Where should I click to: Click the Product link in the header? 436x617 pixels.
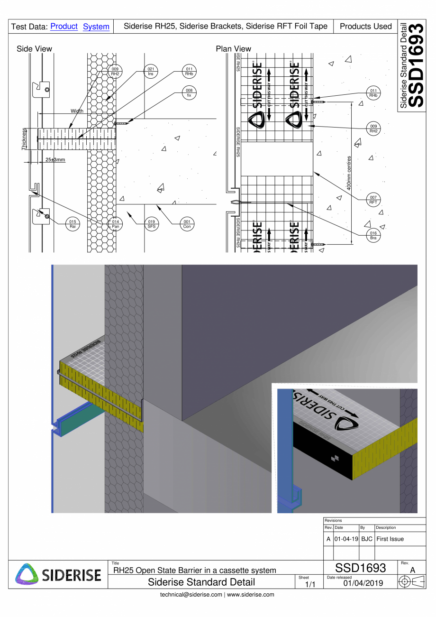click(x=64, y=27)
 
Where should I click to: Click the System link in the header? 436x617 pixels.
click(x=96, y=27)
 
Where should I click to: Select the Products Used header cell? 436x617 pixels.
click(x=365, y=27)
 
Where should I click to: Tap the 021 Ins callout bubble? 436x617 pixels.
click(x=151, y=72)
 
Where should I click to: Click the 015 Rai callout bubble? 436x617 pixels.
click(x=72, y=224)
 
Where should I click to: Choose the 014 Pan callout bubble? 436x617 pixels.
click(x=115, y=224)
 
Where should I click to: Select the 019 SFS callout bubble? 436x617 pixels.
click(x=151, y=224)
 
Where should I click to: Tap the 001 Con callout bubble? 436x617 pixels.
click(x=187, y=224)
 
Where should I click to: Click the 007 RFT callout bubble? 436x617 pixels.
click(x=373, y=200)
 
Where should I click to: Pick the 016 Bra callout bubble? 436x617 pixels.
click(x=373, y=236)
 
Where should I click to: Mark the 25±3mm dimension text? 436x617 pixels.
click(x=55, y=160)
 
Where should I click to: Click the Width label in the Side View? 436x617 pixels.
click(x=77, y=111)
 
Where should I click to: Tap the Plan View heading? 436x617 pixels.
click(x=233, y=49)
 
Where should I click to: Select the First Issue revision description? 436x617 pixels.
click(x=390, y=539)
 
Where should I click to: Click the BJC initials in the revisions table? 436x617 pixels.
click(x=367, y=539)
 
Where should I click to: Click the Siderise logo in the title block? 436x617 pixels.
click(x=58, y=574)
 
